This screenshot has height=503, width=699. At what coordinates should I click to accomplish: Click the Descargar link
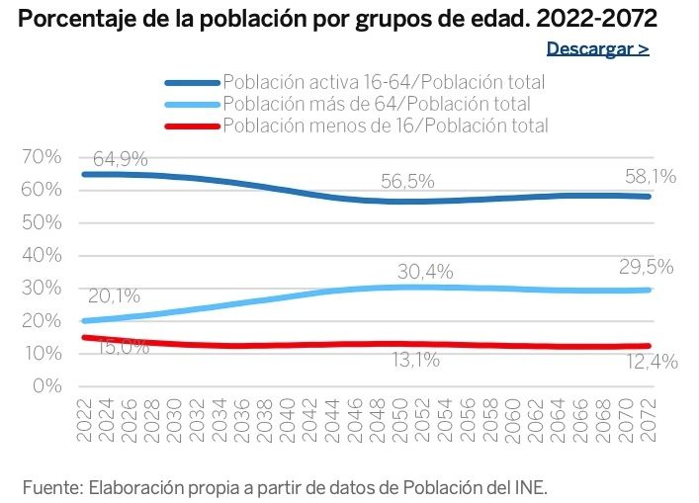[x=597, y=48]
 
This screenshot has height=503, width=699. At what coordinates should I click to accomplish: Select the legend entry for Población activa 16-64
[x=384, y=82]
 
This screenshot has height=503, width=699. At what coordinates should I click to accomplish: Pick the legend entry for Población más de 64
[x=377, y=104]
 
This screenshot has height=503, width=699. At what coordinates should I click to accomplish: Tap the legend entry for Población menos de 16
[x=386, y=126]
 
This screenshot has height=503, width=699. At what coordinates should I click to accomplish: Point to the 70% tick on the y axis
[x=42, y=157]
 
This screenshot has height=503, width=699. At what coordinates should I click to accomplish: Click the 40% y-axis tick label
[x=42, y=255]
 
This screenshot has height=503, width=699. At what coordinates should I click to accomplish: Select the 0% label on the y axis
[x=46, y=385]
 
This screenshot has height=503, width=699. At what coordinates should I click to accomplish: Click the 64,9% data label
[x=122, y=158]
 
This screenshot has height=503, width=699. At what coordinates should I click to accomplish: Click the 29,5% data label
[x=647, y=267]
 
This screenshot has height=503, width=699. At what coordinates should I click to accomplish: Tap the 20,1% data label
[x=114, y=295]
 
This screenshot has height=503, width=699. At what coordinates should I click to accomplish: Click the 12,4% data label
[x=651, y=363]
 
